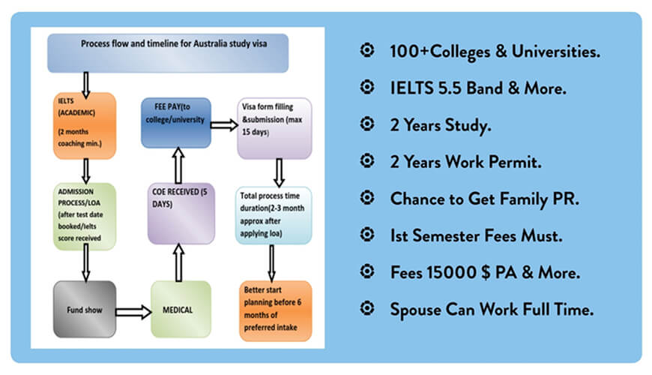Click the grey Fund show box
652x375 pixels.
tap(85, 309)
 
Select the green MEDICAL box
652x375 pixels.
tap(181, 309)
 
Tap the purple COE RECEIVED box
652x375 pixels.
tap(181, 213)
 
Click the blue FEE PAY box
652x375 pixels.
tap(176, 123)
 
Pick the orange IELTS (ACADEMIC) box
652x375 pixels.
tap(85, 126)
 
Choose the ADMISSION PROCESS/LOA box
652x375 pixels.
tap(85, 217)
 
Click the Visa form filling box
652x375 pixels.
tap(274, 128)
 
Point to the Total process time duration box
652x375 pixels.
tap(274, 215)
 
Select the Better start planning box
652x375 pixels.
tap(275, 310)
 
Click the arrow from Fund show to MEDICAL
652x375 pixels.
tap(133, 312)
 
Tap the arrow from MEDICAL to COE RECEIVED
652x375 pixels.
tap(178, 262)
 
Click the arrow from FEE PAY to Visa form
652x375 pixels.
tap(224, 124)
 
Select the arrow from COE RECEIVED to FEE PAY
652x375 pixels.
tap(178, 165)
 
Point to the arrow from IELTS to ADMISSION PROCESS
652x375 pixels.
tap(85, 171)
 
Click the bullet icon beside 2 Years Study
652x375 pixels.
tap(367, 124)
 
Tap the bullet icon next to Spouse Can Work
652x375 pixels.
tap(367, 308)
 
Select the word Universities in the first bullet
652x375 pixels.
tap(555, 51)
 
